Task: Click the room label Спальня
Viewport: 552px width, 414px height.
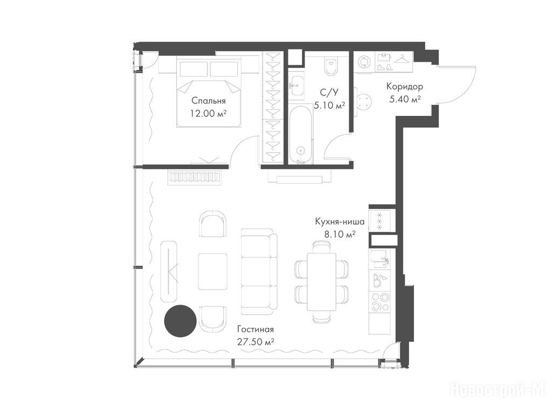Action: pos(209,101)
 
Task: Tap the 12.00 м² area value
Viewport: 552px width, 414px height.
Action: pos(208,113)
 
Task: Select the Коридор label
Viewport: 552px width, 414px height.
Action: pos(404,87)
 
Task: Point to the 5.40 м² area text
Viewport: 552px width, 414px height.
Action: pos(405,99)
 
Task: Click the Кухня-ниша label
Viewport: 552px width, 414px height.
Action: pos(340,222)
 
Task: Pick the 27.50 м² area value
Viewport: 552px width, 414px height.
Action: pos(256,342)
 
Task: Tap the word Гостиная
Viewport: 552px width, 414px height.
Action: pos(255,329)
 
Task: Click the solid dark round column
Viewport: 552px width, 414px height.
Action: pos(180,320)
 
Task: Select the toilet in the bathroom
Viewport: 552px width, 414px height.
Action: pos(331,65)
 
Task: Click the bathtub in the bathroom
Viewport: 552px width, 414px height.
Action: pos(300,134)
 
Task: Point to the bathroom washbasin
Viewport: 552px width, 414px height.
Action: pos(297,86)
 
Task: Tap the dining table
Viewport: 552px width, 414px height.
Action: pos(321,282)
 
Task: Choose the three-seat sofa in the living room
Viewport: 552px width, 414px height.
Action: pos(259,272)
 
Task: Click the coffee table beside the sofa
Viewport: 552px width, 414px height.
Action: pos(212,272)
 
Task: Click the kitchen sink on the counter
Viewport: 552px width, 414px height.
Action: pos(379,260)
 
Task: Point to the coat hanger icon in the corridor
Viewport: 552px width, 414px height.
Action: pos(404,59)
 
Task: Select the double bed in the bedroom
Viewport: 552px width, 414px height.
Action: pos(209,92)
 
